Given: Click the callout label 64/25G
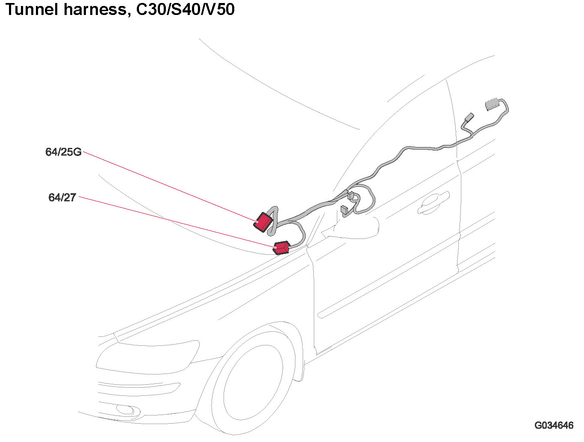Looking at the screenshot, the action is tap(63, 152).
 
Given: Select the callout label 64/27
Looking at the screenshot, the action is tap(62, 197).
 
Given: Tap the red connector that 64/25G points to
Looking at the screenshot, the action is tap(263, 222).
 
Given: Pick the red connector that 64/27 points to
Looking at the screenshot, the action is tap(282, 248).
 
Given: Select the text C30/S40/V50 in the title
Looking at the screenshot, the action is tap(185, 9).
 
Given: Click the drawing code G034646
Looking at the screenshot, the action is tap(554, 425).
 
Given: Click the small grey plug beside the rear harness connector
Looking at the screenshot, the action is tap(469, 118).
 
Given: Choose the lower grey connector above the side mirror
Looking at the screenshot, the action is tap(345, 211).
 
